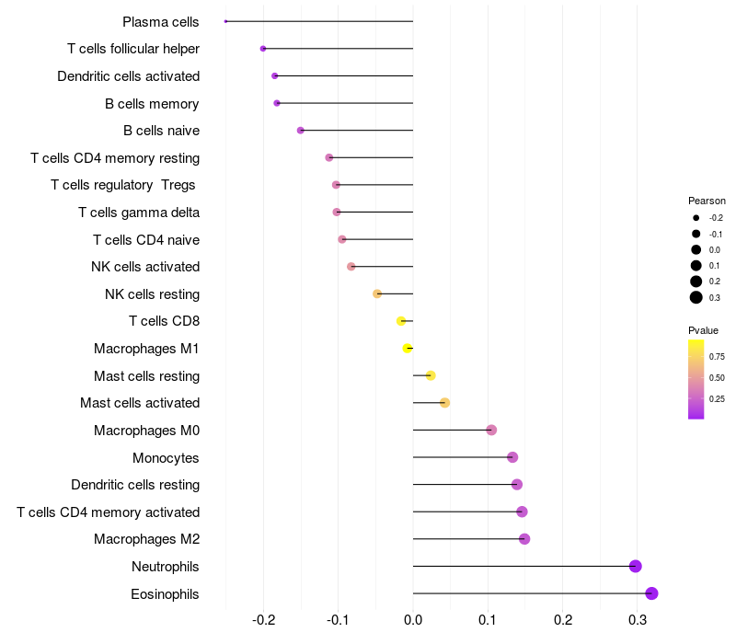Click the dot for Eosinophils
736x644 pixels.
coord(651,593)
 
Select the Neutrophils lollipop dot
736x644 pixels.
coord(635,566)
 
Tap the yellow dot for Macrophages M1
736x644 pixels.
coord(408,348)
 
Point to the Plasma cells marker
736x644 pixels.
coord(225,21)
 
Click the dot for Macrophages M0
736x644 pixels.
coord(491,430)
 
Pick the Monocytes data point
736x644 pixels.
coord(512,457)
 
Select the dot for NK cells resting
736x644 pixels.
coord(377,293)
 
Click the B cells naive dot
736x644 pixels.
coord(301,131)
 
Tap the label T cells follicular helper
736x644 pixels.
coord(133,49)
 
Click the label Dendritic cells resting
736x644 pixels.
coord(135,485)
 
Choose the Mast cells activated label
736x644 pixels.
coord(140,403)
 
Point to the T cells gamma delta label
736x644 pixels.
coord(139,213)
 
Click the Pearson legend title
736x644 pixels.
coord(707,201)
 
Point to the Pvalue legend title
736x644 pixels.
coord(704,330)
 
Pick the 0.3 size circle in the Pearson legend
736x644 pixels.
coord(696,297)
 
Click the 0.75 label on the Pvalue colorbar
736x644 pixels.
coord(717,356)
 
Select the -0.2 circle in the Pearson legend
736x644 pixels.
coord(696,218)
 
